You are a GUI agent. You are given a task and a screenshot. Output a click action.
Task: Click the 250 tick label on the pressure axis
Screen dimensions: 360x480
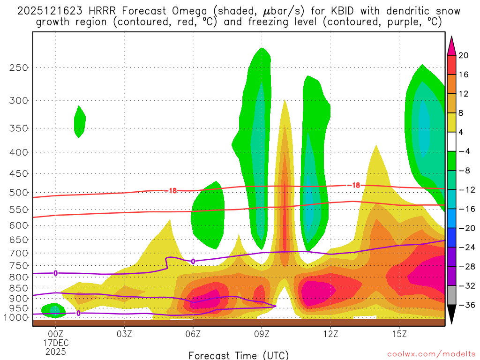tap(19, 67)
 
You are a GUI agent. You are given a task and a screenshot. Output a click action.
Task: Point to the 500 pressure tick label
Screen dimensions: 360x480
tap(19, 192)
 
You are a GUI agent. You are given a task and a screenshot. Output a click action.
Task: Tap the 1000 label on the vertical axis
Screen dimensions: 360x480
tap(17, 317)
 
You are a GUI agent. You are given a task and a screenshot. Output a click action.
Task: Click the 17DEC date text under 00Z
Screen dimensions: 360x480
tap(56, 343)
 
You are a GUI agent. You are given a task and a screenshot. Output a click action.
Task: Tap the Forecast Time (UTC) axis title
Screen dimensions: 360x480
tap(239, 355)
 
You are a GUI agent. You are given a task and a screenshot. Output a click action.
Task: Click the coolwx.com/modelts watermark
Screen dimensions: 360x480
tap(431, 355)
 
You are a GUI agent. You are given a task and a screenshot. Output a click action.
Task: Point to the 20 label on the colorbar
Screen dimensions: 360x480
tap(464, 55)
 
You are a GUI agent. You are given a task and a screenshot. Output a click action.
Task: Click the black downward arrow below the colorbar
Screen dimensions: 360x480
tap(451, 315)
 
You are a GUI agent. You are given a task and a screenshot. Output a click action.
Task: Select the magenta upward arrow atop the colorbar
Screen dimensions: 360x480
tap(451, 45)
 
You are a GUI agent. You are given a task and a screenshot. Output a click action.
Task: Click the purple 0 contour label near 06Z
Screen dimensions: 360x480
tap(193, 261)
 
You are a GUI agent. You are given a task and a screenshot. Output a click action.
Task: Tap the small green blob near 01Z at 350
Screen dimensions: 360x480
tap(79, 122)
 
